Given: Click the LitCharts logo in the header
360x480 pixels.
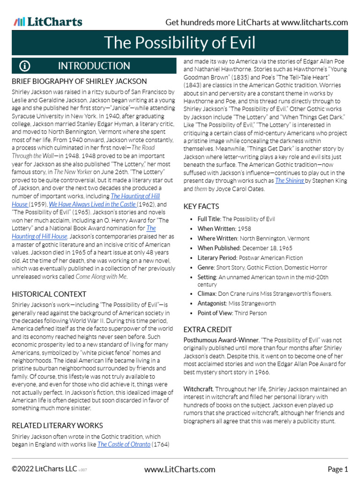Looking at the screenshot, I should [48, 22].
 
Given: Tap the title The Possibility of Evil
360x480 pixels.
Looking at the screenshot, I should [180, 43].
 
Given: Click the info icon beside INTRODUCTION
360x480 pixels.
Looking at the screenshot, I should [25, 66].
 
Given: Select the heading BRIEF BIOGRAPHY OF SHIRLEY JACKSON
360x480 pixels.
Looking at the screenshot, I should [79, 81].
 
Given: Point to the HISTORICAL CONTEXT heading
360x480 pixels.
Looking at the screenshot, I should [49, 294].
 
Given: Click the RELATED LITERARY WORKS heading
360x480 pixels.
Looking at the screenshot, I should [57, 425].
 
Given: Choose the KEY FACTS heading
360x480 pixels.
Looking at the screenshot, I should [201, 206].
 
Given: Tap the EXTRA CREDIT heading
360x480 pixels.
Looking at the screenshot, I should [208, 329].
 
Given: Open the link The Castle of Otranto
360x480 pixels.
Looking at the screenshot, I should [124, 444].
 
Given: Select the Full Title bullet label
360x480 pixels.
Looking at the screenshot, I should [209, 219].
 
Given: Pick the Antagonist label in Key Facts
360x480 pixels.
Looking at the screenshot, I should [212, 303].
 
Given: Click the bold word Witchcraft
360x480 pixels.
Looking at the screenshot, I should [198, 389].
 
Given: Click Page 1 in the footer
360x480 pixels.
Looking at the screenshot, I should [337, 469].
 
